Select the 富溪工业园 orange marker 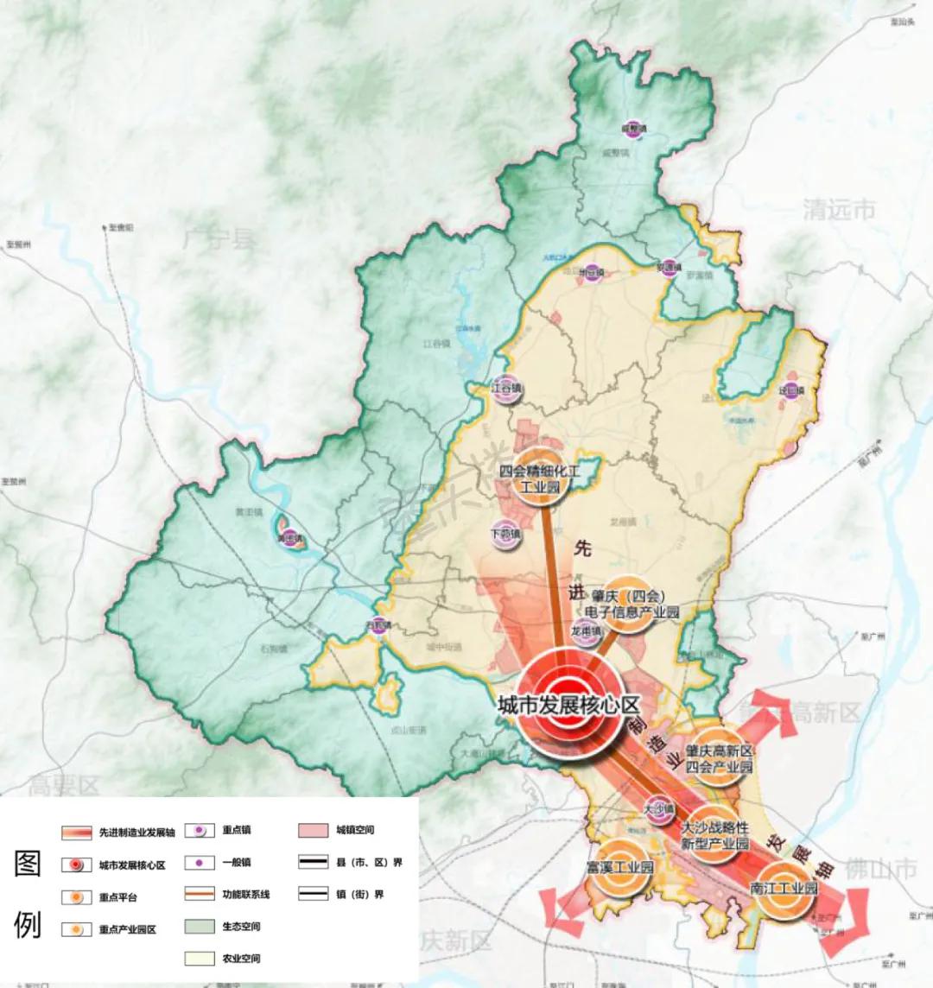click(x=619, y=869)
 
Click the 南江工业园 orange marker click(x=784, y=889)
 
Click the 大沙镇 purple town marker click(x=658, y=809)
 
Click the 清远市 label click(x=837, y=210)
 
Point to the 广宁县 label click(x=218, y=237)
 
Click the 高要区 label click(x=64, y=786)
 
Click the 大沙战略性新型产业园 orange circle click(x=714, y=834)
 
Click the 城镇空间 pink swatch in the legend click(x=313, y=831)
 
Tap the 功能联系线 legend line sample click(x=201, y=894)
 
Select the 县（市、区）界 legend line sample click(x=313, y=862)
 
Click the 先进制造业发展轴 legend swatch click(x=77, y=833)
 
